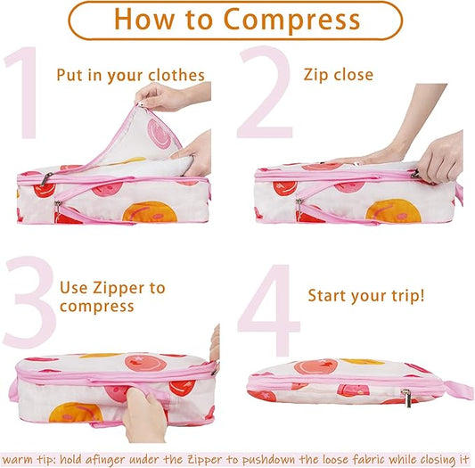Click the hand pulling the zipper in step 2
click(x=439, y=156)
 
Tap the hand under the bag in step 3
click(x=146, y=416)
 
